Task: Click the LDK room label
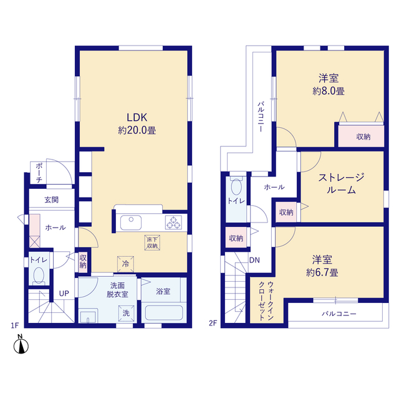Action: (137, 117)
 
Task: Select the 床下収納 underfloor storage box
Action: (152, 243)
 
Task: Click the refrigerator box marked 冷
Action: (125, 264)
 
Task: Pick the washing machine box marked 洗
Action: (126, 313)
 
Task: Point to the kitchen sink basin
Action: (131, 223)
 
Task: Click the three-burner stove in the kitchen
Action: (174, 222)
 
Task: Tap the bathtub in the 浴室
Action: (164, 313)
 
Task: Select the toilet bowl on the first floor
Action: (39, 276)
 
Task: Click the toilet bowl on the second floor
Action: (236, 187)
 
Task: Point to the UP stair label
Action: (64, 294)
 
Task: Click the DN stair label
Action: (254, 260)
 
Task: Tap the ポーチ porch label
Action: (39, 173)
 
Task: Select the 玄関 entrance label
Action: (51, 199)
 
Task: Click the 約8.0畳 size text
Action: (329, 91)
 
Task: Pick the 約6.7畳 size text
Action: (322, 272)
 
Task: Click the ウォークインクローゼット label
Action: (266, 300)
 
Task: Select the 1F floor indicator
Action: (15, 325)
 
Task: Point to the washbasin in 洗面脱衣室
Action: (88, 315)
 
